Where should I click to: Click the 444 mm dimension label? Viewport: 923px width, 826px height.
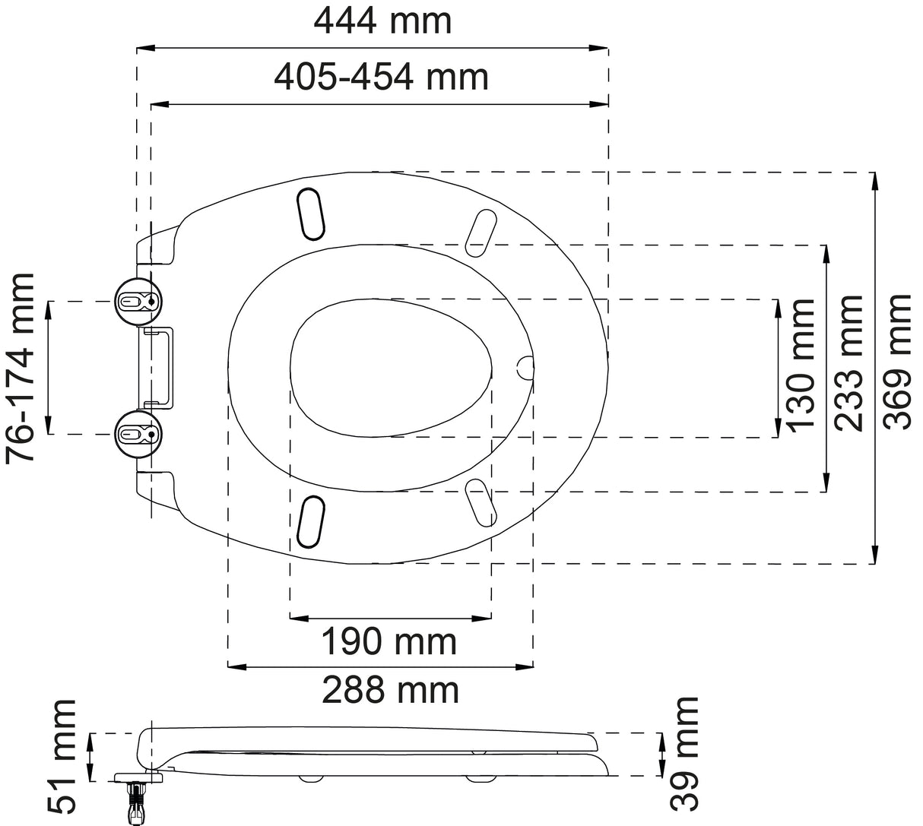pyautogui.click(x=382, y=21)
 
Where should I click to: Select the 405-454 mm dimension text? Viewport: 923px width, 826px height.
pyautogui.click(x=381, y=77)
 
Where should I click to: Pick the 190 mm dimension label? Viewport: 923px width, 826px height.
pyautogui.click(x=389, y=643)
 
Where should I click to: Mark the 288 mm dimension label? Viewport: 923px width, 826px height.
pyautogui.click(x=390, y=691)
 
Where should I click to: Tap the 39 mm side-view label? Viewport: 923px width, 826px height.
pyautogui.click(x=684, y=753)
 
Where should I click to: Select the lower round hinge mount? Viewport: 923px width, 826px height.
pyautogui.click(x=138, y=434)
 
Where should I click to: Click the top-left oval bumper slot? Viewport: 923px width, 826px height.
pyautogui.click(x=312, y=211)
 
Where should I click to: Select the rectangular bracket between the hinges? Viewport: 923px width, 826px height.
pyautogui.click(x=159, y=368)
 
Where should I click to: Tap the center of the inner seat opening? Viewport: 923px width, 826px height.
pyautogui.click(x=391, y=368)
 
